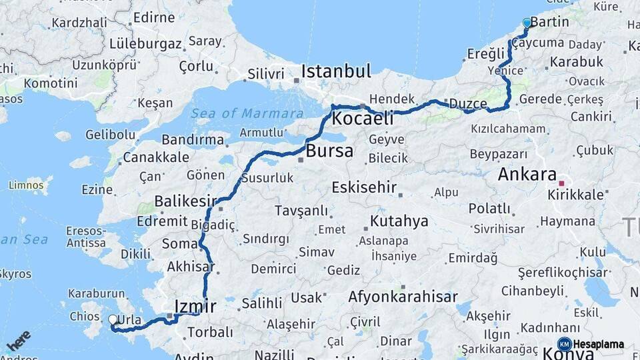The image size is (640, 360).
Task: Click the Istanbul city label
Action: click(x=335, y=71)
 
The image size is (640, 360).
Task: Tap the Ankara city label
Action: click(x=527, y=175)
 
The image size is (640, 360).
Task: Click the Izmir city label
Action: click(x=195, y=307)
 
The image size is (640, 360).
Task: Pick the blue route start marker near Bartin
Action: click(x=527, y=23)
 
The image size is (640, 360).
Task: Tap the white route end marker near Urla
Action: click(x=113, y=320)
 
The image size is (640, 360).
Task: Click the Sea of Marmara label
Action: click(x=247, y=113)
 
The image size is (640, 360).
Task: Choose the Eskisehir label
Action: click(x=365, y=187)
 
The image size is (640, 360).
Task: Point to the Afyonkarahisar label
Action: click(x=403, y=297)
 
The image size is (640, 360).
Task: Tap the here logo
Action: click(x=19, y=340)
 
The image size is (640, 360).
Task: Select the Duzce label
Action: click(x=469, y=103)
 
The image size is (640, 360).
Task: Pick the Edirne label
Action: click(x=153, y=18)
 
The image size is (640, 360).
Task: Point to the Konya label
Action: click(x=568, y=354)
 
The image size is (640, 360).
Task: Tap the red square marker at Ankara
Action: click(x=561, y=183)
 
